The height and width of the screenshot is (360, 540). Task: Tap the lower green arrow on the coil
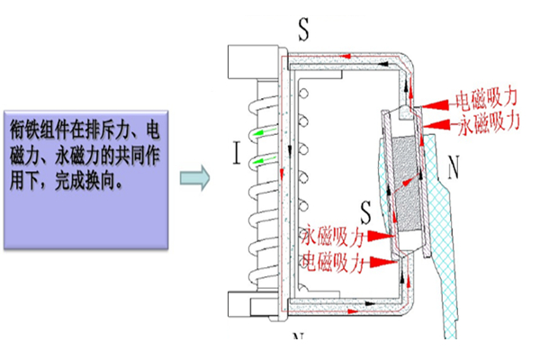(261, 162)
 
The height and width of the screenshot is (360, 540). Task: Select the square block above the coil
(247, 61)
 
